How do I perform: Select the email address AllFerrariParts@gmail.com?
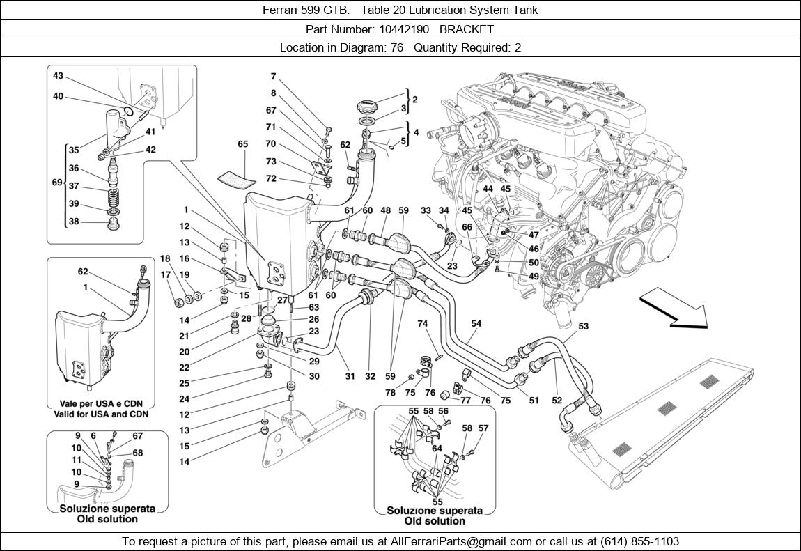point(462,541)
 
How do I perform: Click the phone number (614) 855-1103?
point(637,541)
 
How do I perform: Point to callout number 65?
point(242,145)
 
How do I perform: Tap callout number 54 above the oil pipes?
point(476,324)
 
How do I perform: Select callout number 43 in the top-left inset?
point(58,76)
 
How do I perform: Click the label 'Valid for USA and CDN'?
point(101,414)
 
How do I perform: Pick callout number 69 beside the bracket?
point(57,182)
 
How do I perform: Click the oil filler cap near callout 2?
point(367,108)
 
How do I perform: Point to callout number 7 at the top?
point(273,77)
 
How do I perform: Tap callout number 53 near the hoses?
point(583,326)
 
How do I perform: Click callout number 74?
point(422,324)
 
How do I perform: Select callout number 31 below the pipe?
point(350,377)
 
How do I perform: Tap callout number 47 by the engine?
point(534,235)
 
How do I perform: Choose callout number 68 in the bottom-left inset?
point(138,453)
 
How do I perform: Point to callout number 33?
point(426,211)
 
